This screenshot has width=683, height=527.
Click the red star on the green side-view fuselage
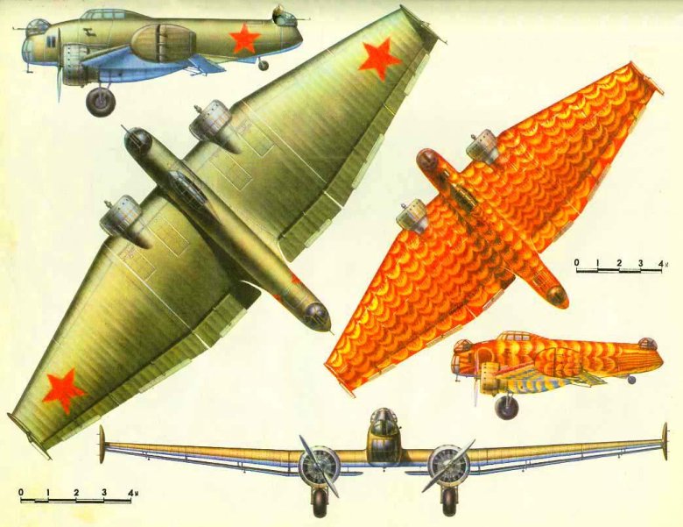pyautogui.click(x=244, y=38)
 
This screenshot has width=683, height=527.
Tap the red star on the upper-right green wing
pyautogui.click(x=379, y=60)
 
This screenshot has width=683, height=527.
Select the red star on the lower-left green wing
pyautogui.click(x=64, y=389)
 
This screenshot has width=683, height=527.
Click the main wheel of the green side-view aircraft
pyautogui.click(x=101, y=102)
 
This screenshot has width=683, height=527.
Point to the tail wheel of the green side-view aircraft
pyautogui.click(x=263, y=66)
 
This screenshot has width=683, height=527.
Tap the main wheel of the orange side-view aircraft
pyautogui.click(x=507, y=406)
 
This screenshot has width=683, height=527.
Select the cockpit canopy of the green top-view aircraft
pyautogui.click(x=187, y=189)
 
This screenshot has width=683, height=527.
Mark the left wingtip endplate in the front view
pyautogui.click(x=102, y=444)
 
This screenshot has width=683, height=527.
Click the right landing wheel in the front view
pyautogui.click(x=447, y=502)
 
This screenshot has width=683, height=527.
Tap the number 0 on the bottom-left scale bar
pyautogui.click(x=21, y=492)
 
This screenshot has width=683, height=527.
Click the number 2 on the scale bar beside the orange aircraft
pyautogui.click(x=619, y=263)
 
